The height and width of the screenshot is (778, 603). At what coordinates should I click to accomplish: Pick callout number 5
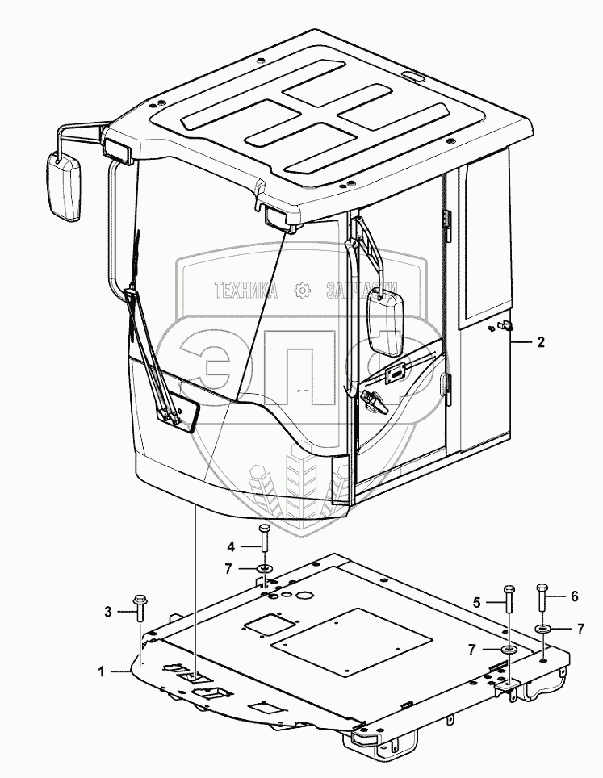click(478, 601)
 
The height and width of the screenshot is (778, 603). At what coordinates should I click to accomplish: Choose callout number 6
click(574, 596)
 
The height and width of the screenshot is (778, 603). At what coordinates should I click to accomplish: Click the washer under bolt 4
click(263, 570)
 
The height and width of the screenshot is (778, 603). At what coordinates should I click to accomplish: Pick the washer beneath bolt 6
click(542, 628)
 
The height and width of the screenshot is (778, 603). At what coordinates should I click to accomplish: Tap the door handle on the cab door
click(376, 398)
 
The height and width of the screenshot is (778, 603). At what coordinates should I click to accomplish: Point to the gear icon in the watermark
click(303, 291)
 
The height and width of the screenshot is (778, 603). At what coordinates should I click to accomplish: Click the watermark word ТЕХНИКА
click(246, 291)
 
